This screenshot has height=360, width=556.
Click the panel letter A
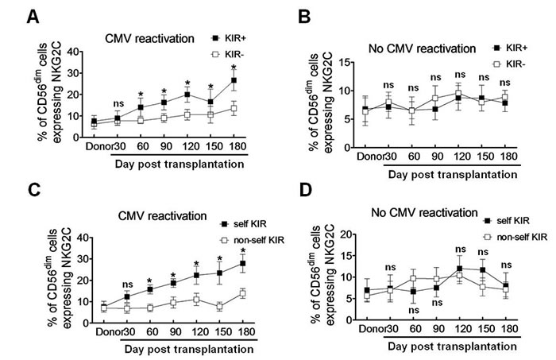(33, 17)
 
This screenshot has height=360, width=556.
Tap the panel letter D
(306, 190)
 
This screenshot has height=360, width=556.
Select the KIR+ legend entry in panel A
(228, 38)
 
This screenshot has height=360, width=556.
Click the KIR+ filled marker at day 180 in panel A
(234, 80)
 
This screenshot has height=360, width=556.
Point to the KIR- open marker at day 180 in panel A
(234, 108)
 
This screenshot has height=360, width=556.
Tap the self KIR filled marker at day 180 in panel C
(243, 263)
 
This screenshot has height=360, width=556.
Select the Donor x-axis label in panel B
(370, 157)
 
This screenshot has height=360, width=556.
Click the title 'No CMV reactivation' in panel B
(422, 48)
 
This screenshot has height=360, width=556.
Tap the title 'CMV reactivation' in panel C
(162, 216)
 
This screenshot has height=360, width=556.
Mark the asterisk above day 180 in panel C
(243, 251)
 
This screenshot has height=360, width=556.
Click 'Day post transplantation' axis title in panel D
(452, 346)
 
